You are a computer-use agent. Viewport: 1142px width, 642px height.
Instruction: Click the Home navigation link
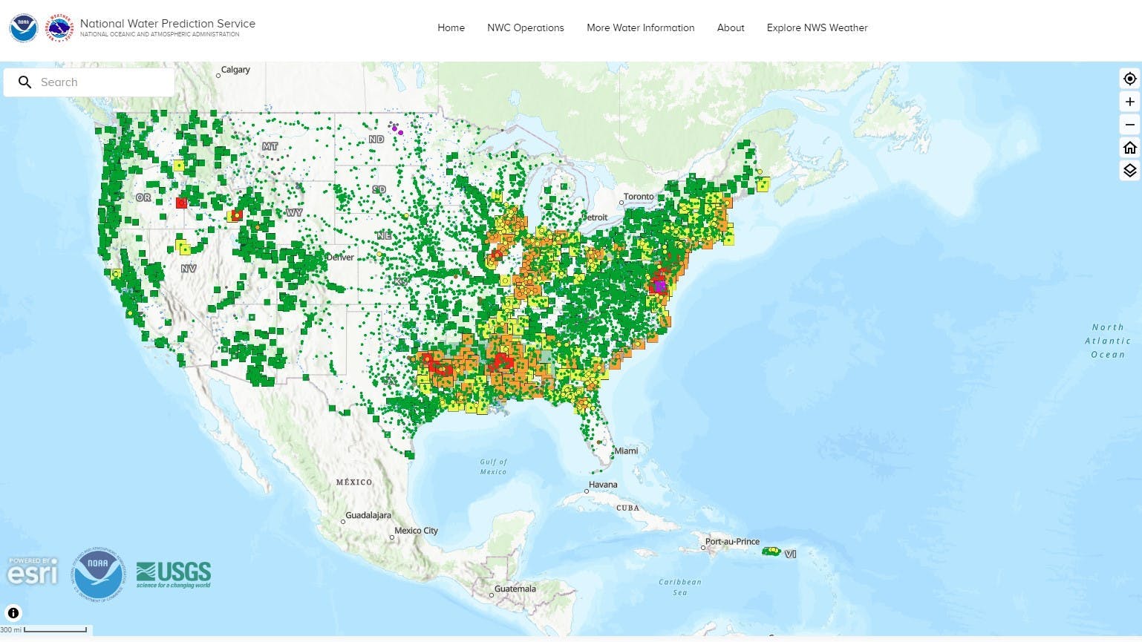(x=451, y=27)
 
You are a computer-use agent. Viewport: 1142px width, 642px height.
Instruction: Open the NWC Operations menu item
(x=525, y=27)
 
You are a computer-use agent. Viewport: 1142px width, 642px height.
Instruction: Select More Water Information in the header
(x=640, y=27)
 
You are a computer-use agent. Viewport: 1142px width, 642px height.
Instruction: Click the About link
(x=731, y=27)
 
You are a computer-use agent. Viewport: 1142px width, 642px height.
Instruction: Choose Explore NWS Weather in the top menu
(x=817, y=27)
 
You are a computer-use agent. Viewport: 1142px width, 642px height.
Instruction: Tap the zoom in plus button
(x=1129, y=102)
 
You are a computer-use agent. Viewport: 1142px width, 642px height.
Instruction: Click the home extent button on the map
(x=1129, y=148)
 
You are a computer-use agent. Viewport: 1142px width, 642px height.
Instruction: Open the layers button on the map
(x=1129, y=171)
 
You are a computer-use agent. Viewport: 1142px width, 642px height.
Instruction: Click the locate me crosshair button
(x=1129, y=79)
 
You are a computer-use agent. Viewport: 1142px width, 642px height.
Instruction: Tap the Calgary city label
(x=235, y=70)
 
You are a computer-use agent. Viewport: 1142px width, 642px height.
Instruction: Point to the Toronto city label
(x=639, y=197)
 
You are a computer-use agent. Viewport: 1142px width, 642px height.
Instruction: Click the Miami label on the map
(x=626, y=451)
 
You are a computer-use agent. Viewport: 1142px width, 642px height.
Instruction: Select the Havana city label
(x=603, y=485)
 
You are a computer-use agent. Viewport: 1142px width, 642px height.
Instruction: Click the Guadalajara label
(x=368, y=515)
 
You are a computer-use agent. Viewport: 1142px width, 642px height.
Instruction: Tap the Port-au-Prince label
(x=732, y=542)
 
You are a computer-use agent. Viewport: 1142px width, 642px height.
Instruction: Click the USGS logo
(x=174, y=574)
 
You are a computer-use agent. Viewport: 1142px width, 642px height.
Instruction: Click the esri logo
(x=33, y=571)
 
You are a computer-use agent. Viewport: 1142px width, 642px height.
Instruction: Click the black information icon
(x=13, y=613)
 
